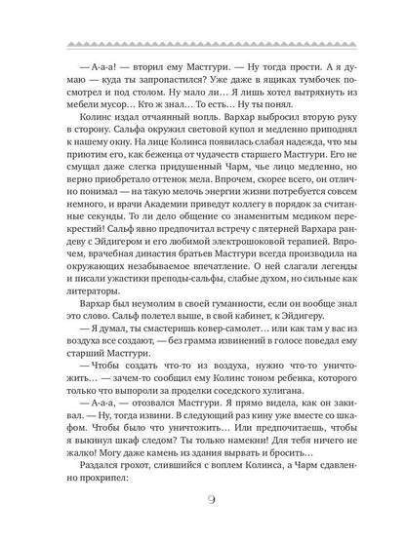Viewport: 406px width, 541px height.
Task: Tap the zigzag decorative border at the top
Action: [203, 43]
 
